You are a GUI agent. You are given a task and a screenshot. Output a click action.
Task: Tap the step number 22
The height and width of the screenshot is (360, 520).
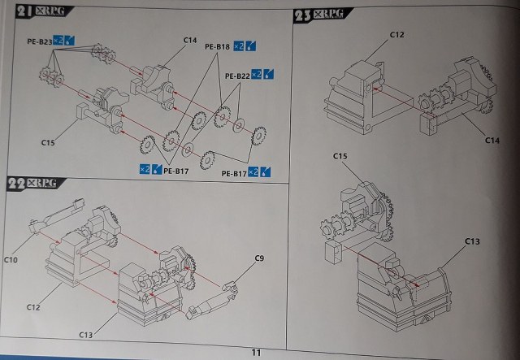(x=19, y=184)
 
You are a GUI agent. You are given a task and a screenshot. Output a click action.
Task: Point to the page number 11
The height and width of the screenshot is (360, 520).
(x=256, y=352)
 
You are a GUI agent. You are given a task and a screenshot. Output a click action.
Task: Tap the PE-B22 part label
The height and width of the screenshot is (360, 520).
(x=236, y=75)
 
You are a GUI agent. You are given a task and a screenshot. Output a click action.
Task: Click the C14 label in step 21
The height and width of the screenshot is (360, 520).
(x=190, y=39)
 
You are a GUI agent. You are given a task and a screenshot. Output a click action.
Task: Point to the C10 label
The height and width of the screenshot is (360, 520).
(x=11, y=259)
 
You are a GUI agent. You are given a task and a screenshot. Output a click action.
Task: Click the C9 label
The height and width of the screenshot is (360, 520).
(x=259, y=258)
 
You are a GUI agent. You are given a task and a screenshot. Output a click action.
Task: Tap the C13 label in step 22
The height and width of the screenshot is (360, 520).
(x=88, y=334)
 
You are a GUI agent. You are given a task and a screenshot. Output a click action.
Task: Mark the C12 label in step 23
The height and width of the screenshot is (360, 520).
(x=396, y=34)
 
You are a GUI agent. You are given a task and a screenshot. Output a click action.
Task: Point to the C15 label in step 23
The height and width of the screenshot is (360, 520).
(x=340, y=155)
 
